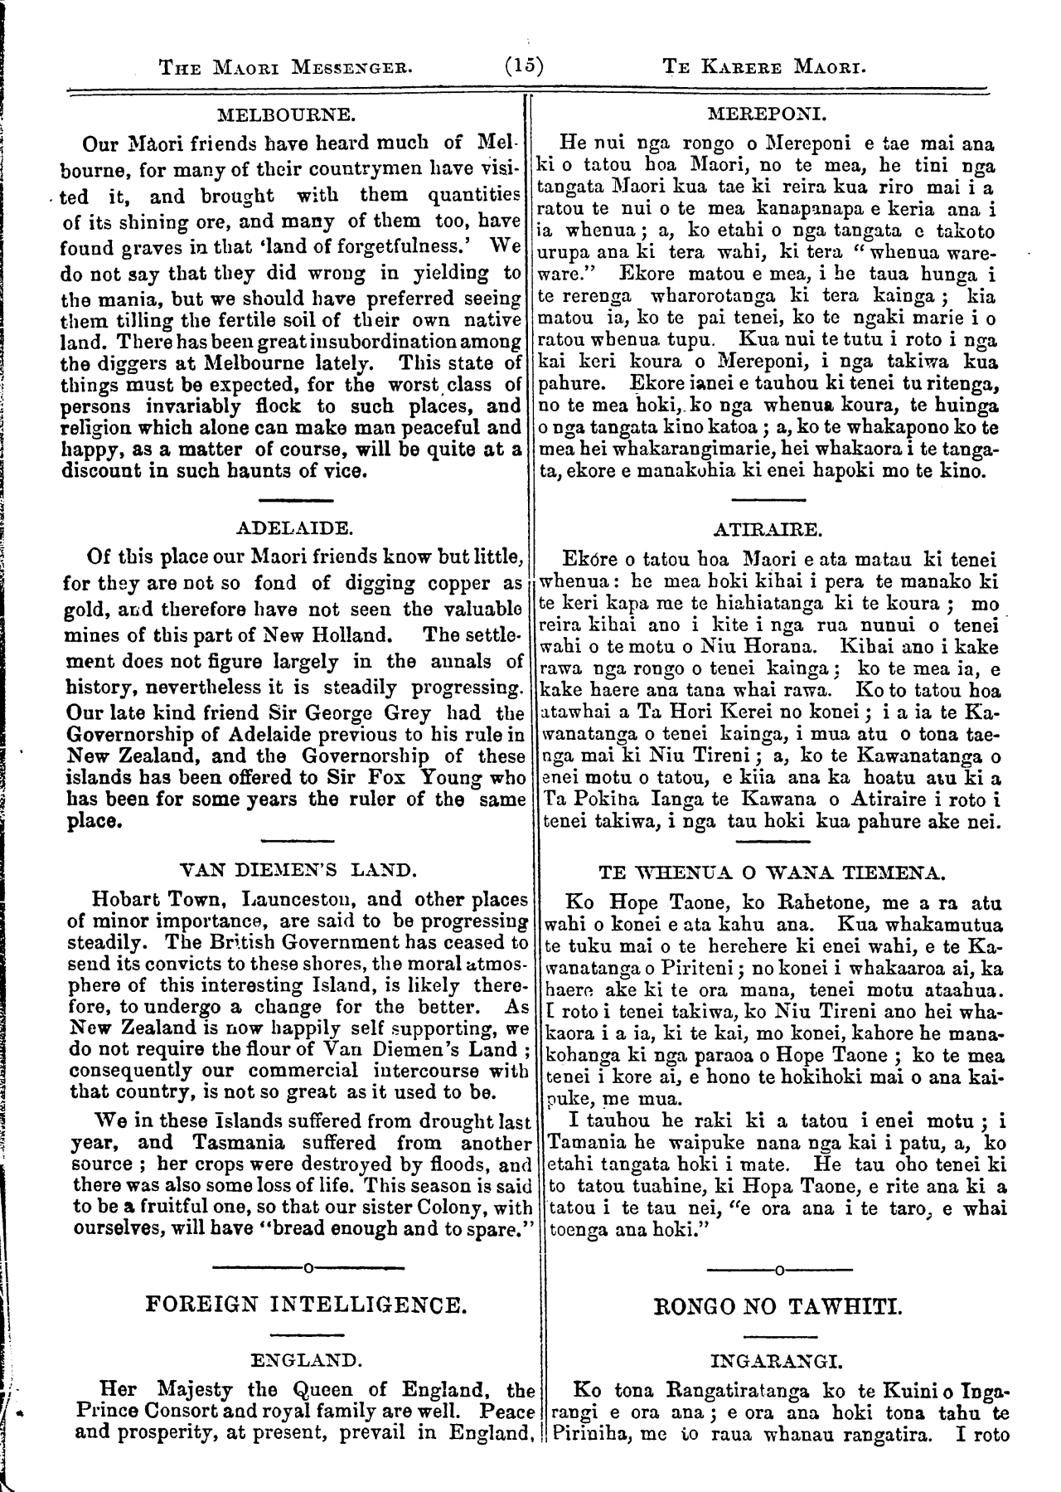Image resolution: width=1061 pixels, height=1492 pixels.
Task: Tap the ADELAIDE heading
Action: click(x=295, y=528)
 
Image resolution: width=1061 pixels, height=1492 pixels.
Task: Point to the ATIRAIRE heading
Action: click(x=768, y=528)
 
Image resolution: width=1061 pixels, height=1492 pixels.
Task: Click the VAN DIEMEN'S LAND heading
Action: click(x=297, y=871)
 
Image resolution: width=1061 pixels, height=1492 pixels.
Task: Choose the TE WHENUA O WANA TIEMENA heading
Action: click(x=770, y=873)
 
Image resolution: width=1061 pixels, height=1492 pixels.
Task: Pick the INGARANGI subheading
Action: click(x=777, y=1362)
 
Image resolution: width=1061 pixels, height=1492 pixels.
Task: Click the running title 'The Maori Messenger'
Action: click(x=285, y=67)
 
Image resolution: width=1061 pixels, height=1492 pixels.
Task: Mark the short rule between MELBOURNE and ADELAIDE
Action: click(x=296, y=500)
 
